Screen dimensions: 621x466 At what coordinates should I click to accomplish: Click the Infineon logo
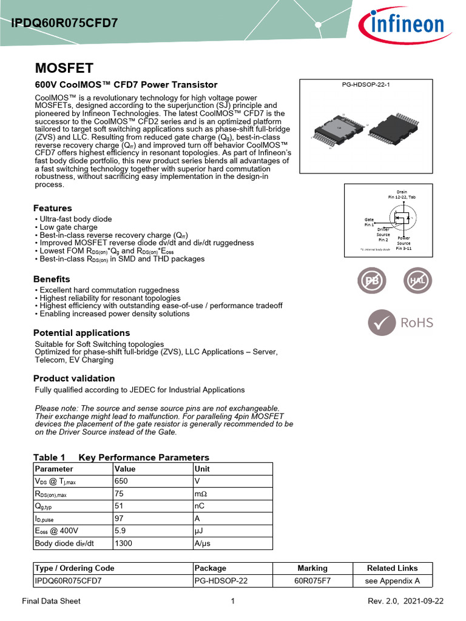coord(400,25)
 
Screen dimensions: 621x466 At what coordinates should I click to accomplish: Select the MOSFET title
coord(64,67)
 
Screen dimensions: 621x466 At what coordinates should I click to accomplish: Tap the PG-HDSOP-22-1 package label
coord(366,85)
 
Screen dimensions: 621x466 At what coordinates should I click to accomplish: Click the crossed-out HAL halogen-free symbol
coord(418,282)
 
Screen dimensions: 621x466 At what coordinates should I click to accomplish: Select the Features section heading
coord(52,208)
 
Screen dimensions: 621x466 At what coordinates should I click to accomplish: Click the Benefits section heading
coord(52,279)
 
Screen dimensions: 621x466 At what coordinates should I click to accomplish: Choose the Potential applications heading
coord(81,333)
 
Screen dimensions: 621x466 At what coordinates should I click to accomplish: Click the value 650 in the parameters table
coord(121,481)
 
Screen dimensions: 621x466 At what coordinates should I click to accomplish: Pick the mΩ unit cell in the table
coord(201,494)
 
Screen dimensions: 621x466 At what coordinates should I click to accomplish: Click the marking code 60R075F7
coord(312,580)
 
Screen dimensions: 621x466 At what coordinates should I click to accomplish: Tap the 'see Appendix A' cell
coord(393,580)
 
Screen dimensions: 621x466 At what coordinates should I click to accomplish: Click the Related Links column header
coord(393,568)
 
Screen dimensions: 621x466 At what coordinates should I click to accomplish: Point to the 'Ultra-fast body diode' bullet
coord(75,219)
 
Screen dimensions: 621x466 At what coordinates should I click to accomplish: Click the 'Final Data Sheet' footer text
coord(51,601)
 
